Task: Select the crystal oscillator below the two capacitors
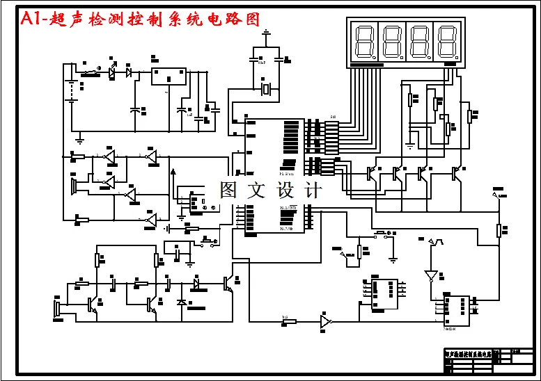(x=265, y=88)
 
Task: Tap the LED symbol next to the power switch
(x=130, y=71)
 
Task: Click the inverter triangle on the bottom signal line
(x=325, y=322)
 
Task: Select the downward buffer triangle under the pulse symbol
(x=431, y=275)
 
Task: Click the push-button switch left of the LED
(x=91, y=72)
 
